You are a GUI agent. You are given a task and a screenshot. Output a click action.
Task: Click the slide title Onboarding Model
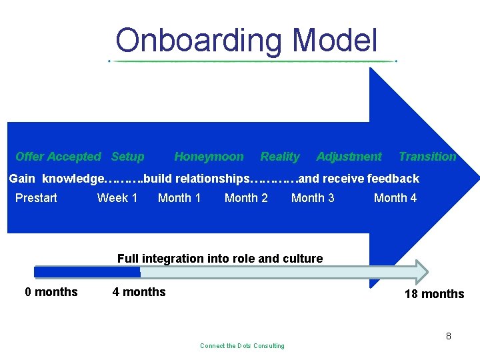click(246, 41)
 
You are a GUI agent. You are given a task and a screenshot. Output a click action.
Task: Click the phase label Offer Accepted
click(58, 157)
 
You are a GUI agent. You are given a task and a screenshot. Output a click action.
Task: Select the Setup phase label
click(127, 157)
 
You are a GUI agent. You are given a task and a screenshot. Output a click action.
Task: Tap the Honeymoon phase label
click(209, 157)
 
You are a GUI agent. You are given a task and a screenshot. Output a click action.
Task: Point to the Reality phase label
click(279, 157)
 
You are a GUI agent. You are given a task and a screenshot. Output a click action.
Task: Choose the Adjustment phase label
click(349, 157)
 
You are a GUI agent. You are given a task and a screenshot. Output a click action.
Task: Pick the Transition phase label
click(427, 157)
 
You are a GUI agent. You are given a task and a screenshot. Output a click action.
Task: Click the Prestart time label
click(36, 197)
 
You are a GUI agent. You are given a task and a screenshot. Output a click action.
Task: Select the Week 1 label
click(117, 197)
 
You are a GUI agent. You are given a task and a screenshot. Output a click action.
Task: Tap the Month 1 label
click(179, 197)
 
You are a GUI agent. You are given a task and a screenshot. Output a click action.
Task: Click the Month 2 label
click(246, 197)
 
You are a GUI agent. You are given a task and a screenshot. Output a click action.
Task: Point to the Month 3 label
click(313, 197)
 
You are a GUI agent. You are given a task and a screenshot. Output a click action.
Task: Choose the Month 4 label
click(395, 197)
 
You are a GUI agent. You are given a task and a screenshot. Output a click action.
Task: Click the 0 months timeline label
click(51, 291)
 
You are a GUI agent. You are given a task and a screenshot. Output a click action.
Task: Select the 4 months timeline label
click(139, 291)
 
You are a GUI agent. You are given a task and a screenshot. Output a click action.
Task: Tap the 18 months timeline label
click(434, 294)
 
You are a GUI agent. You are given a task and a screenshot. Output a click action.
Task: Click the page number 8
click(449, 336)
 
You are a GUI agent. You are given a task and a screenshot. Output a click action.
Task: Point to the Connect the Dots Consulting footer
click(242, 345)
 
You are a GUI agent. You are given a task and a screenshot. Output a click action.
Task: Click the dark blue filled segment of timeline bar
click(87, 272)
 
